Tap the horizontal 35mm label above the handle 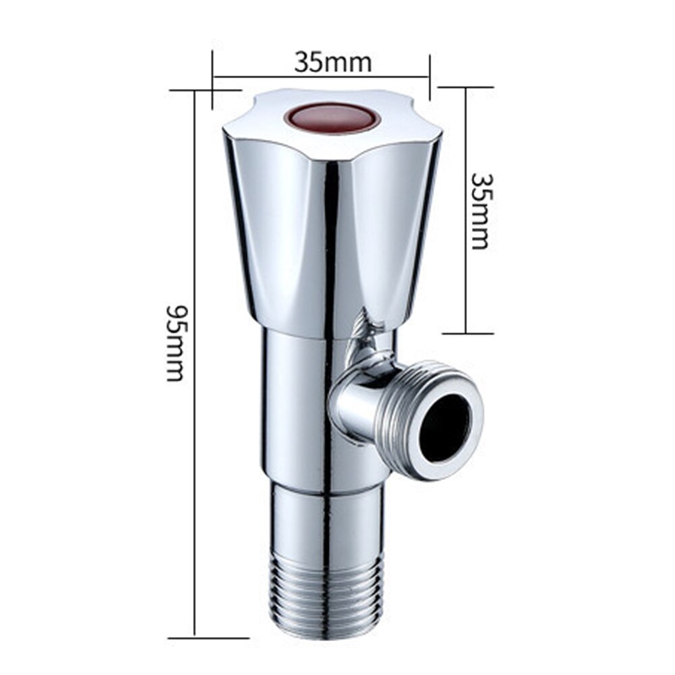[x=332, y=62]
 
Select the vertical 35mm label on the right [x=481, y=210]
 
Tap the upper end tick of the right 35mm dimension [x=466, y=87]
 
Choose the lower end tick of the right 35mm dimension [x=467, y=333]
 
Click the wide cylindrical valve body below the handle [x=297, y=405]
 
